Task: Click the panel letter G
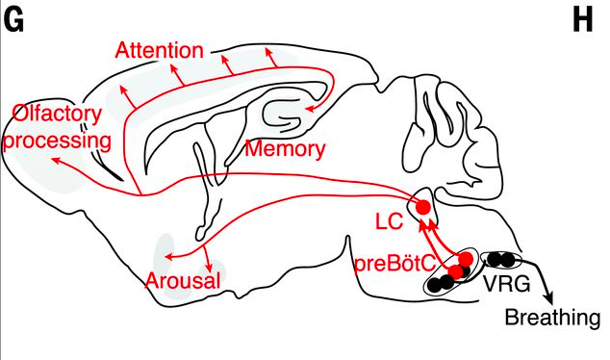pos(13,20)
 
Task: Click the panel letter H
pos(583,20)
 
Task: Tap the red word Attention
pos(160,51)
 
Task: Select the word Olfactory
pos(57,114)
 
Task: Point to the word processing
pos(57,141)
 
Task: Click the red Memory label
pos(285,148)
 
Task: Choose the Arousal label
pos(183,280)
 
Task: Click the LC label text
pos(389,221)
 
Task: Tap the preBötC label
pos(394,265)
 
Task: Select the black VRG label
pos(506,284)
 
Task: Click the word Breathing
pos(552,317)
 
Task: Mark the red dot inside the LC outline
pos(423,207)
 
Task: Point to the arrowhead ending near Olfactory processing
pos(56,160)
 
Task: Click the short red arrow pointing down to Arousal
pos(208,259)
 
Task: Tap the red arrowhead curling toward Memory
pos(309,109)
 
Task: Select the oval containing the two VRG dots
pos(501,260)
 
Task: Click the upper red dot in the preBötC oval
pos(466,258)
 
